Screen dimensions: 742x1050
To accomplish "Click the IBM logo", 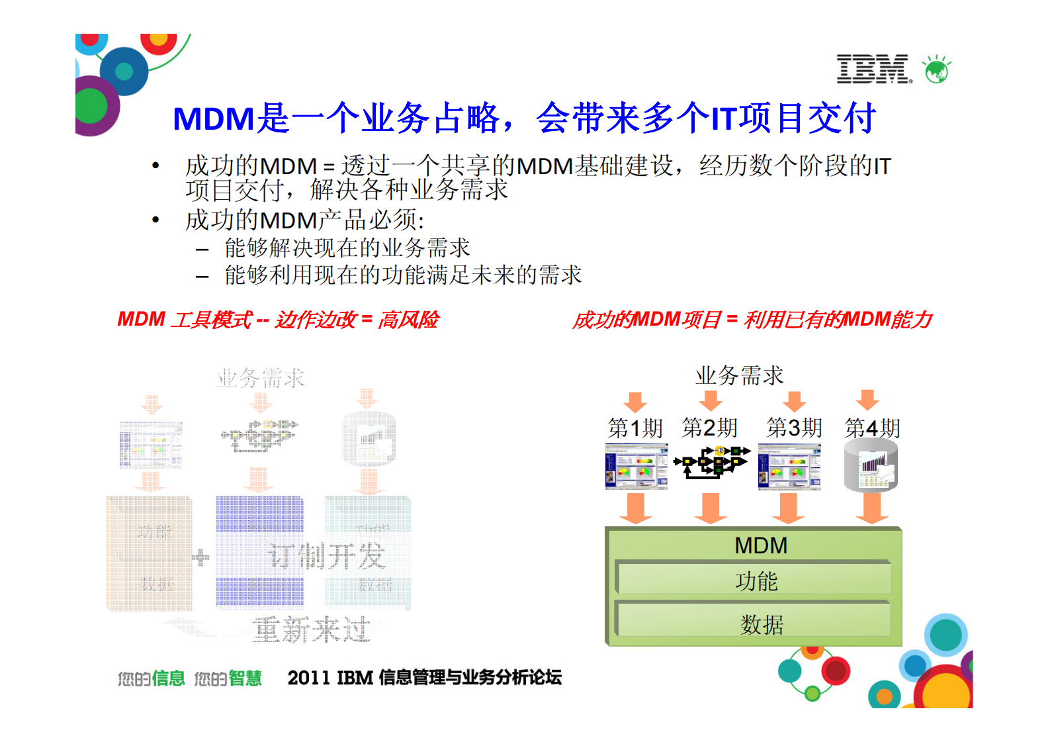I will [x=873, y=69].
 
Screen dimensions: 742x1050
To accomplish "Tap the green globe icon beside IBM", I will [x=937, y=70].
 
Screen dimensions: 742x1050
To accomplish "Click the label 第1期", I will [x=635, y=428].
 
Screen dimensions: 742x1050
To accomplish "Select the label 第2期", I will [x=709, y=428].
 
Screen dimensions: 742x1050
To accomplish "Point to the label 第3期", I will [x=794, y=428].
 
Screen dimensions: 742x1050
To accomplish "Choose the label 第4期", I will [x=872, y=428].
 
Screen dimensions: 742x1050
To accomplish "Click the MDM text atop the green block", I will [x=761, y=545].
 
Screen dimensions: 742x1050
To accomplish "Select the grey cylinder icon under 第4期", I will [x=871, y=466].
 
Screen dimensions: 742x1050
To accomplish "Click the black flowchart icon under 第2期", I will [x=711, y=461].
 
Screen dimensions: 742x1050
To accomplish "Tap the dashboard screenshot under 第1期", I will [x=636, y=466].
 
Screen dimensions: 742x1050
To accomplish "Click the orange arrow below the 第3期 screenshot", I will [x=788, y=508].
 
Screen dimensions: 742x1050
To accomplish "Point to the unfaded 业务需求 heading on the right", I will [x=738, y=375].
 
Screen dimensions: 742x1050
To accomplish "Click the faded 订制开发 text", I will [x=327, y=556].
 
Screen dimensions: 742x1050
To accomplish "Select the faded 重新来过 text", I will [x=311, y=629].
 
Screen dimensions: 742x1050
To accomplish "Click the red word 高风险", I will [x=408, y=320].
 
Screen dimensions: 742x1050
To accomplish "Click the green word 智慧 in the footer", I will [x=245, y=678].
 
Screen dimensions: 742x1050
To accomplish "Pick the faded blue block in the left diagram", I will [x=259, y=551].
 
